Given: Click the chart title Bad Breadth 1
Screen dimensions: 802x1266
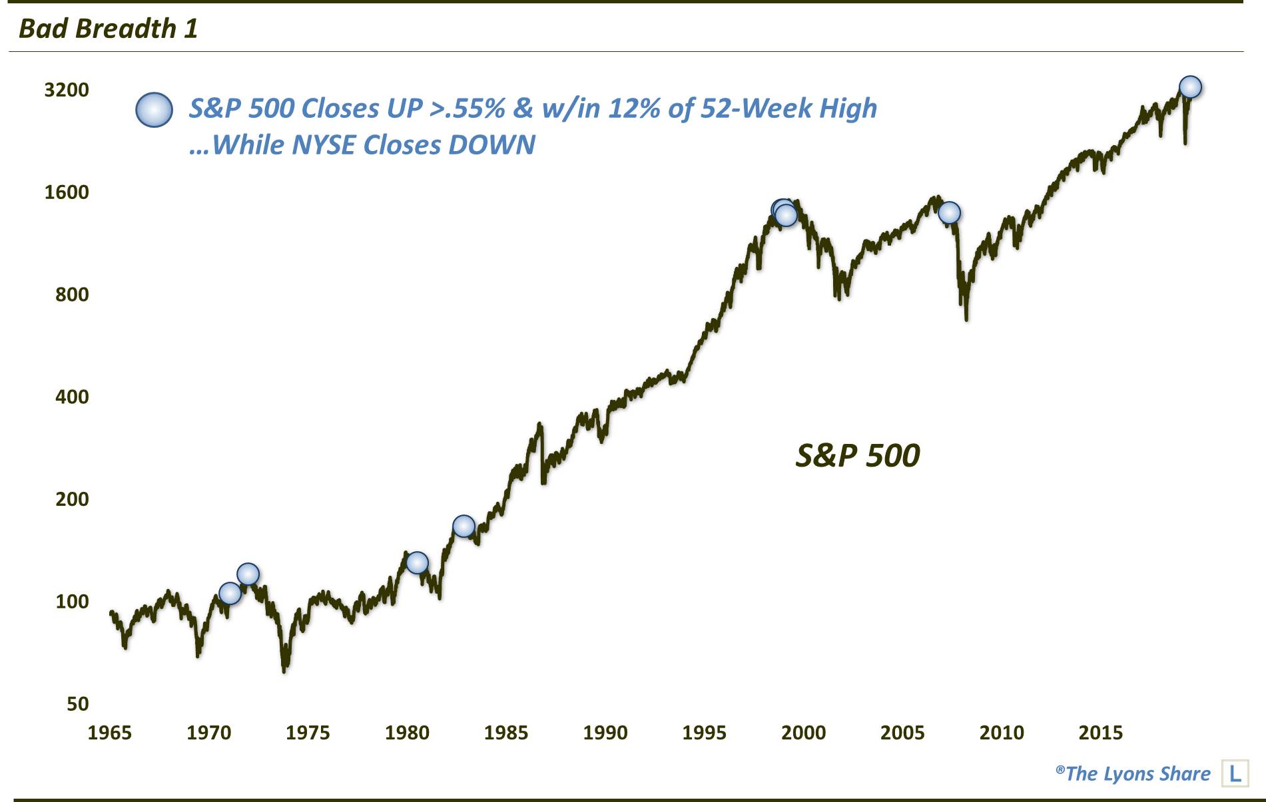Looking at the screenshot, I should pos(108,29).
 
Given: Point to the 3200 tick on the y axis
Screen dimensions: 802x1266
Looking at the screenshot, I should pos(67,90).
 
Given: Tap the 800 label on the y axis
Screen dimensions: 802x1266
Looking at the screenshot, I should pos(72,294).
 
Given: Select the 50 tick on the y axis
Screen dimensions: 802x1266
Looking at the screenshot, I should pos(77,703).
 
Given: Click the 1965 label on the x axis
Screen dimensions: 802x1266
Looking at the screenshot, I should pos(110,733).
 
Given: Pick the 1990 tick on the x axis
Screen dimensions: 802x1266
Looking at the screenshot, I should pos(605,733).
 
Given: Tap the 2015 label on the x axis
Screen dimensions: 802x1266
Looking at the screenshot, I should pos(1101,733).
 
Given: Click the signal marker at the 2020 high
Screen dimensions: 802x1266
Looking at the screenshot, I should pos(1190,87).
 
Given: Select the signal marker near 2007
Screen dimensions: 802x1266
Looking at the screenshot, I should pos(949,213).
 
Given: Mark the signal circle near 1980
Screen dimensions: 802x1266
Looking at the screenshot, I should pos(417,562).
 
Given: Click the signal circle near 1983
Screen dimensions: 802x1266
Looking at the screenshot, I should pos(464,526).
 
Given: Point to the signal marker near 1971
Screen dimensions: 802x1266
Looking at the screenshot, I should pos(230,593).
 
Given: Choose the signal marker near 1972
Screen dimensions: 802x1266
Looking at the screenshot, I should pos(248,574).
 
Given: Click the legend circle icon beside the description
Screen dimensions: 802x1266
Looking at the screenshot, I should pos(155,110).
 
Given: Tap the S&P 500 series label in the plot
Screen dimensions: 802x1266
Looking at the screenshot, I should pos(858,456).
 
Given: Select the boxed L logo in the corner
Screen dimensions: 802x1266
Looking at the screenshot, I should pos(1235,773).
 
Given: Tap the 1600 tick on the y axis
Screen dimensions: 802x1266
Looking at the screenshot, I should pos(67,192).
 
